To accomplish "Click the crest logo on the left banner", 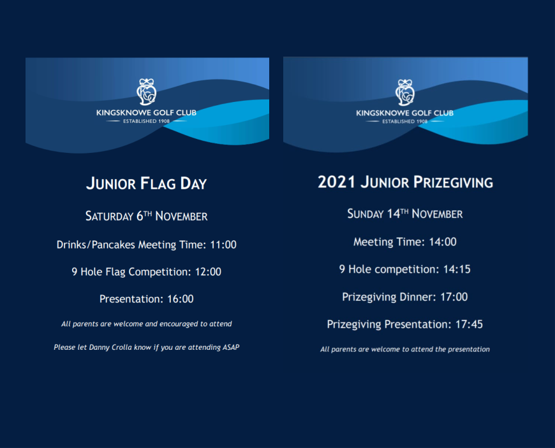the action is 147,92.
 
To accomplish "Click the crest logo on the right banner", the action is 405,92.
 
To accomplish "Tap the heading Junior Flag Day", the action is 146,184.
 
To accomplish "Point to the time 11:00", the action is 223,245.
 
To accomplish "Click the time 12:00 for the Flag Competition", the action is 208,272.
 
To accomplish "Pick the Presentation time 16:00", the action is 180,299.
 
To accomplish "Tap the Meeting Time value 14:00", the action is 443,242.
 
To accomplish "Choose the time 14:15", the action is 457,270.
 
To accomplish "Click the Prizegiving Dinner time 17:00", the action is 454,297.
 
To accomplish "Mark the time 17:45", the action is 469,324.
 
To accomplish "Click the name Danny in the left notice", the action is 99,347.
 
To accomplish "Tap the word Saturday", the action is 109,216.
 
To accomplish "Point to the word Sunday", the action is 366,214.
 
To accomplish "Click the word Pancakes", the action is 114,245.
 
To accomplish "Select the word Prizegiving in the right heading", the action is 453,182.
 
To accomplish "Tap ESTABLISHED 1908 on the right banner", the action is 405,122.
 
